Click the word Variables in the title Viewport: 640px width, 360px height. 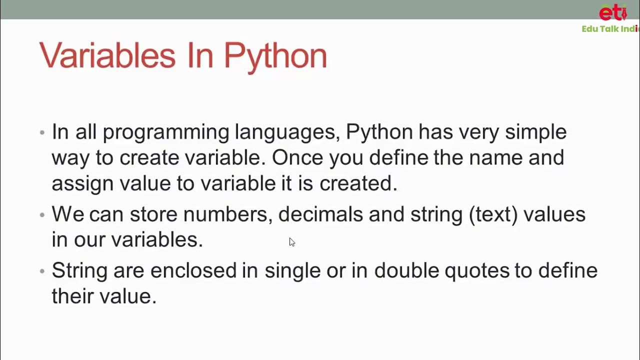(107, 54)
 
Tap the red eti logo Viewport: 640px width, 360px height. (612, 12)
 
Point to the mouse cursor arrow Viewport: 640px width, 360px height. (291, 242)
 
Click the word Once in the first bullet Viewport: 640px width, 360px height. (297, 158)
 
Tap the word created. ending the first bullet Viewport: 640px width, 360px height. (358, 183)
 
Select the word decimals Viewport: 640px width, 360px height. (320, 214)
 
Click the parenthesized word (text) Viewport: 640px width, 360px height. (493, 214)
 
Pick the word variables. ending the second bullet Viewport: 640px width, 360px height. (156, 240)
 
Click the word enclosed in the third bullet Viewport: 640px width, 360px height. (193, 270)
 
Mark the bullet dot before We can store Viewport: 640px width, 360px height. (42, 215)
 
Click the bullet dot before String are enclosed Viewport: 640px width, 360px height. (42, 271)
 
